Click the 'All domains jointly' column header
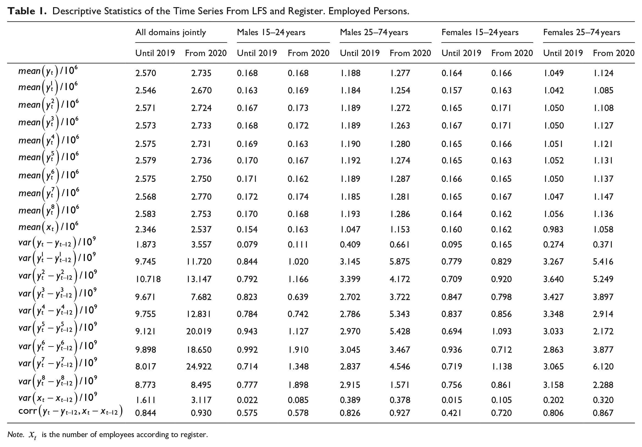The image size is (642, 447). (x=171, y=33)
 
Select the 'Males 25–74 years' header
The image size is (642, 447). (x=374, y=32)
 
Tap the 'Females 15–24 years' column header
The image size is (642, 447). (x=480, y=32)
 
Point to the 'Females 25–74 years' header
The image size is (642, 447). (x=582, y=32)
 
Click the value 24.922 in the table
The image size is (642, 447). (x=199, y=367)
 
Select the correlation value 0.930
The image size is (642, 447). (x=201, y=413)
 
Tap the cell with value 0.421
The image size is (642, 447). (x=452, y=413)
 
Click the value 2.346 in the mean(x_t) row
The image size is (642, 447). (x=145, y=229)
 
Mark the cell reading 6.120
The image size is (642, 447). (x=603, y=367)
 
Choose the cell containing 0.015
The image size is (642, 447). (x=452, y=400)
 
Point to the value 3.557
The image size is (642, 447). (x=201, y=245)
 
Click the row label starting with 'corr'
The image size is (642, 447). (x=70, y=411)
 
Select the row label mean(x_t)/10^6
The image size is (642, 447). (x=48, y=227)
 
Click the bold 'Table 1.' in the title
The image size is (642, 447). (x=27, y=11)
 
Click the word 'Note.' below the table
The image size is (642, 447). (x=16, y=434)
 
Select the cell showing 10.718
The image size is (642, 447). (x=148, y=279)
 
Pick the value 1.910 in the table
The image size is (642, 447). (x=298, y=350)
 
